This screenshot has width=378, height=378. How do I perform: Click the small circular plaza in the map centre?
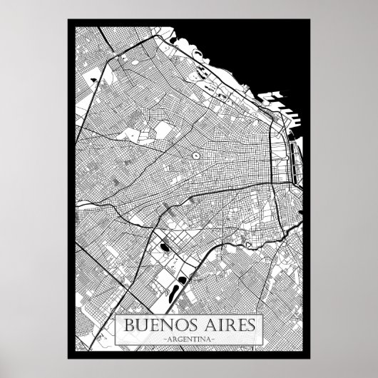coord(194,154)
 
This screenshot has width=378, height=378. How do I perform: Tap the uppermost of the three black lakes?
coord(164,248)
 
